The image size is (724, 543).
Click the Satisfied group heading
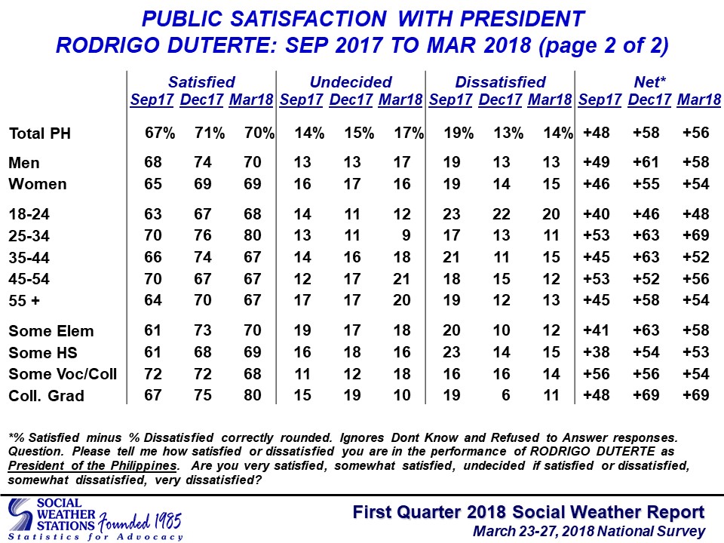pos(201,82)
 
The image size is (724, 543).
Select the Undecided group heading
pos(351,82)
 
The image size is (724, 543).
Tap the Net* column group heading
pos(649,82)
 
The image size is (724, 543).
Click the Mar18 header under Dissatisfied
pos(550,100)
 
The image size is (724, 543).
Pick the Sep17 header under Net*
pos(600,100)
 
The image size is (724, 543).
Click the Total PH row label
pos(40,133)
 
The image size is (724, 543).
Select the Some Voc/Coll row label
pos(63,374)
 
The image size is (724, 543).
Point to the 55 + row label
pos(24,301)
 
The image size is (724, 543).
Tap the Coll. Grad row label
pos(46,396)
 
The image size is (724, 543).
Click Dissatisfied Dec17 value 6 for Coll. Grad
pos(505,395)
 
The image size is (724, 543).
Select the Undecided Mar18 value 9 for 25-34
pos(406,235)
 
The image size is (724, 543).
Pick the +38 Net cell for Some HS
pos(596,352)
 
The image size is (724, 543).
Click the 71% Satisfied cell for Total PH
pos(209,133)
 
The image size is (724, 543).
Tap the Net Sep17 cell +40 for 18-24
pos(596,214)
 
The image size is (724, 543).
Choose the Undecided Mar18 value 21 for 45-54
pos(402,279)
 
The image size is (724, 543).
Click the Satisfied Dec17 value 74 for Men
pos(203,162)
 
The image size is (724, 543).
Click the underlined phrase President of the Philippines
pos(92,466)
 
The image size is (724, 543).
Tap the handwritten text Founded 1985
pos(140,523)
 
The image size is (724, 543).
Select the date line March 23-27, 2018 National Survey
pos(589,532)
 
